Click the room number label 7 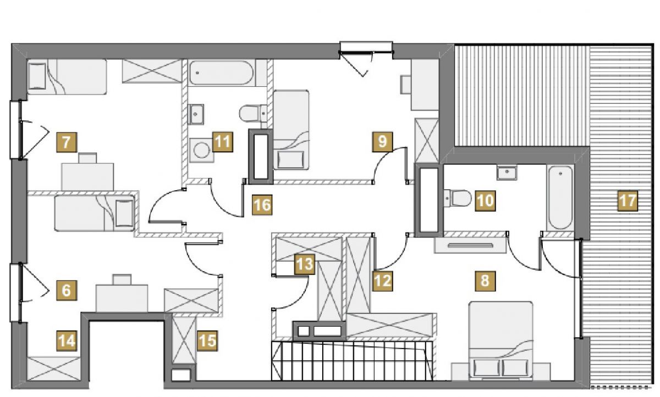[x=67, y=142]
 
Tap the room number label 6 [x=67, y=290]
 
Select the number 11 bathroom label [x=223, y=142]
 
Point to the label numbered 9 [x=382, y=142]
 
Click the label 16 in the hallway [x=262, y=205]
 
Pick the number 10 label [x=485, y=201]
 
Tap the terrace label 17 [x=628, y=201]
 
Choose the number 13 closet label [x=305, y=264]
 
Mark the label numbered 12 [x=382, y=280]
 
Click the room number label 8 [x=485, y=280]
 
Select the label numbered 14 [x=67, y=341]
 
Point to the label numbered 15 [x=207, y=341]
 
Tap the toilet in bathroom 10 [x=457, y=198]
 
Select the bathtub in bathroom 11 [x=221, y=73]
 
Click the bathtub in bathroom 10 [x=560, y=197]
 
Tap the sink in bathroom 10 [x=507, y=172]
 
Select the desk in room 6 [x=122, y=298]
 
